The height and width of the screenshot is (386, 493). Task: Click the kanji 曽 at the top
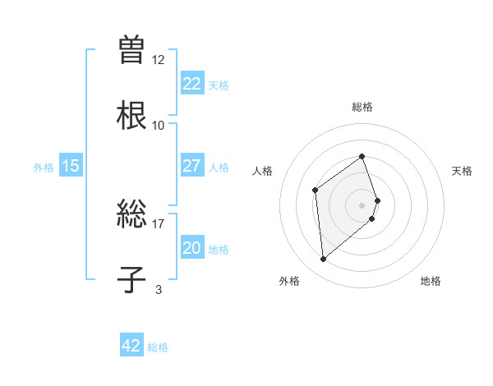click(x=131, y=49)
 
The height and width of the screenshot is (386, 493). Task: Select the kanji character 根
click(x=131, y=114)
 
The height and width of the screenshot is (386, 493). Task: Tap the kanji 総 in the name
click(x=131, y=213)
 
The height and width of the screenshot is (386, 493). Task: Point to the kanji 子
click(x=131, y=278)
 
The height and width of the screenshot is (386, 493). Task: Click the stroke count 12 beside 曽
click(x=159, y=59)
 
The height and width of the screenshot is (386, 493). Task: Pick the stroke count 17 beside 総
click(x=159, y=223)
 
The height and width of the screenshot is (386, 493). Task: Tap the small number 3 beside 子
click(x=159, y=288)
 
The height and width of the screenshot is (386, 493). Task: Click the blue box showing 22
click(x=191, y=83)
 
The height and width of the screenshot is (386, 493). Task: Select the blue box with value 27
click(x=191, y=165)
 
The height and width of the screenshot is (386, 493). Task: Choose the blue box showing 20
click(x=191, y=247)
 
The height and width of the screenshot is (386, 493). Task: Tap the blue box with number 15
click(x=71, y=165)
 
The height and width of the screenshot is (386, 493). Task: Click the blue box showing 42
click(x=131, y=346)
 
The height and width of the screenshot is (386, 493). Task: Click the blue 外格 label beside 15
click(x=44, y=167)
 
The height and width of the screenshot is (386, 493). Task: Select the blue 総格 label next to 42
click(x=158, y=347)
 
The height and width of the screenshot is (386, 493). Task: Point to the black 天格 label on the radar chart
click(x=463, y=171)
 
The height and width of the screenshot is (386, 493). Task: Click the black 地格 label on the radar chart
click(x=431, y=281)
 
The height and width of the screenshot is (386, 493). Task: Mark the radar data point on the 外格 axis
click(x=323, y=260)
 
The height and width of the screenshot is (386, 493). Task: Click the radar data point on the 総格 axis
click(x=362, y=156)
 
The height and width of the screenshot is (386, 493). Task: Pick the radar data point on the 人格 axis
click(x=315, y=191)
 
